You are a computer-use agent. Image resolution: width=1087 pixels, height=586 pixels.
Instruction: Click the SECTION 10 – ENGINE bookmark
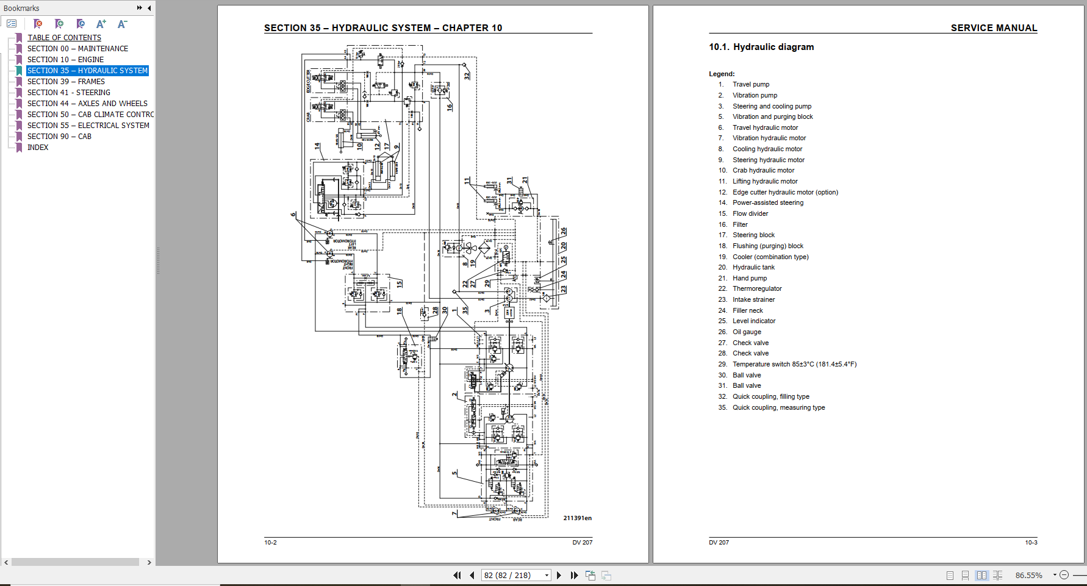click(65, 60)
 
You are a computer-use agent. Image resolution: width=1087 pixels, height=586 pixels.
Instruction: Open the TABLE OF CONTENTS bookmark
click(64, 38)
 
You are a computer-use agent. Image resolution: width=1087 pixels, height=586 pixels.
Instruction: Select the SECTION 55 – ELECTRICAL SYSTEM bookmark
click(88, 126)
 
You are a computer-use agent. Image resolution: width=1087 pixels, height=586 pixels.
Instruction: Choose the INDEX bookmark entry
click(38, 148)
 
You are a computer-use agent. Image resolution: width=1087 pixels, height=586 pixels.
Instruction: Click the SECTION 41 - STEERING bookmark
click(68, 93)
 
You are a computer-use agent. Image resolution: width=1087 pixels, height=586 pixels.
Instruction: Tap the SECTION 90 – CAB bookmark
click(59, 137)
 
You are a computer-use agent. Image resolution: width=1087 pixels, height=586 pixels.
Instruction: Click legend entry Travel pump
click(750, 85)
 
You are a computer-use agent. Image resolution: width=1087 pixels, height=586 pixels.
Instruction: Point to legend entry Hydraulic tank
click(753, 268)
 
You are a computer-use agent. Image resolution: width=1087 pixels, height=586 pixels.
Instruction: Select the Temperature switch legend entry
click(794, 365)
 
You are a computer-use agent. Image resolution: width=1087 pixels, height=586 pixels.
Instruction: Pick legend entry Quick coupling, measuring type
click(778, 408)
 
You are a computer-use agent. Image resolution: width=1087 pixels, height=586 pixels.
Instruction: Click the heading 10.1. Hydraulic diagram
click(761, 47)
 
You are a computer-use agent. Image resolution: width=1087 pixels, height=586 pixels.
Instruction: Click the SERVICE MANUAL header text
click(993, 28)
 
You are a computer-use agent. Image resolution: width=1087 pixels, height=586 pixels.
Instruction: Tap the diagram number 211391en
click(577, 518)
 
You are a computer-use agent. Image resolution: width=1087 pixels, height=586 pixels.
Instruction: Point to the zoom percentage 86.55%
click(1028, 575)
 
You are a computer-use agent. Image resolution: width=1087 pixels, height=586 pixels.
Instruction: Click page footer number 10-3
click(1031, 543)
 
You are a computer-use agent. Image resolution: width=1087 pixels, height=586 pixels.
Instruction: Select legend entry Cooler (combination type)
click(770, 257)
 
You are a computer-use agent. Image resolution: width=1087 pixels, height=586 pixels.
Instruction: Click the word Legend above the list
click(722, 74)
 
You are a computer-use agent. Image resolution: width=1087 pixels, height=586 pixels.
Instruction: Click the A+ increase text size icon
click(101, 24)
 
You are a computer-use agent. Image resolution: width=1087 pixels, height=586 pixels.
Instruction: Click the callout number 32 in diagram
click(467, 76)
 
